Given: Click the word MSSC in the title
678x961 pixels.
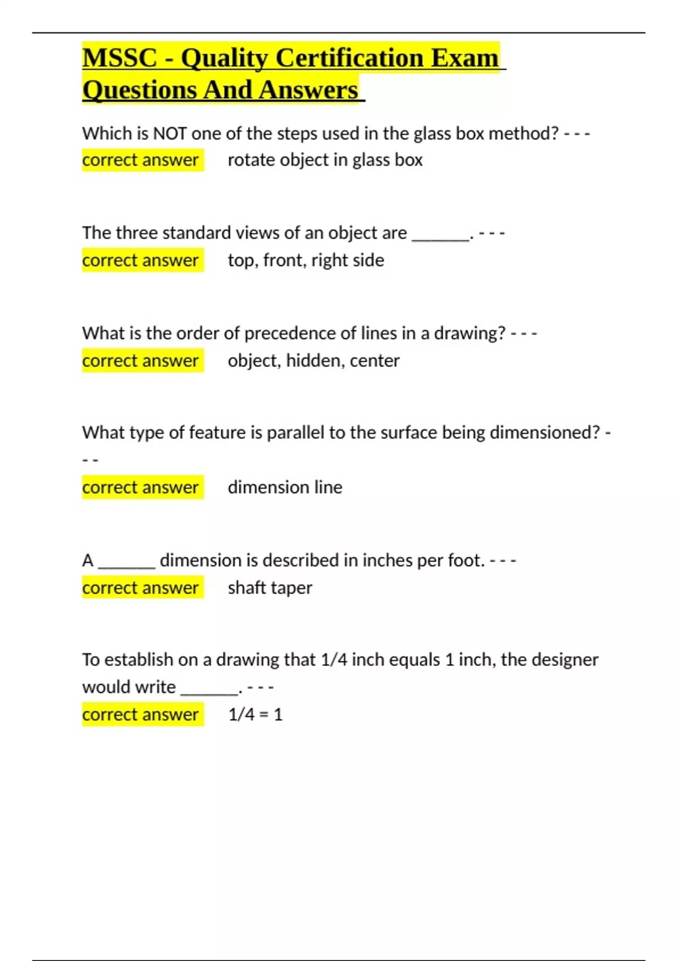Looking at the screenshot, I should pos(120,58).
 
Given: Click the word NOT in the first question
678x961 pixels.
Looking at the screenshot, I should pos(169,133).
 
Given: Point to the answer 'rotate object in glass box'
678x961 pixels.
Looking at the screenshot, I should pos(325,160).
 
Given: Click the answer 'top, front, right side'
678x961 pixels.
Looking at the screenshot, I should pos(306,260).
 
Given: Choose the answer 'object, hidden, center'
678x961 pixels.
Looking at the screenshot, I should pos(314,361).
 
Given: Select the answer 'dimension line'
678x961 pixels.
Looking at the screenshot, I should pos(285,487).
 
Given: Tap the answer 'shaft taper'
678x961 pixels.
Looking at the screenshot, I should pos(270,588).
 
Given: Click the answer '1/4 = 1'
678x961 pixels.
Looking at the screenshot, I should pos(255,715).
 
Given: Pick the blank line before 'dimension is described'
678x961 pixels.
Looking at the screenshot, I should pos(127,564).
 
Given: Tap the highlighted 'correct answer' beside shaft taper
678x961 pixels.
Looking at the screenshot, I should pos(141,588).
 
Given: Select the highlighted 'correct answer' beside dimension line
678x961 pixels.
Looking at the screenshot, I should pos(141,487).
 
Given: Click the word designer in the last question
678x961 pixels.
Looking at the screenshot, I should pos(565,660).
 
